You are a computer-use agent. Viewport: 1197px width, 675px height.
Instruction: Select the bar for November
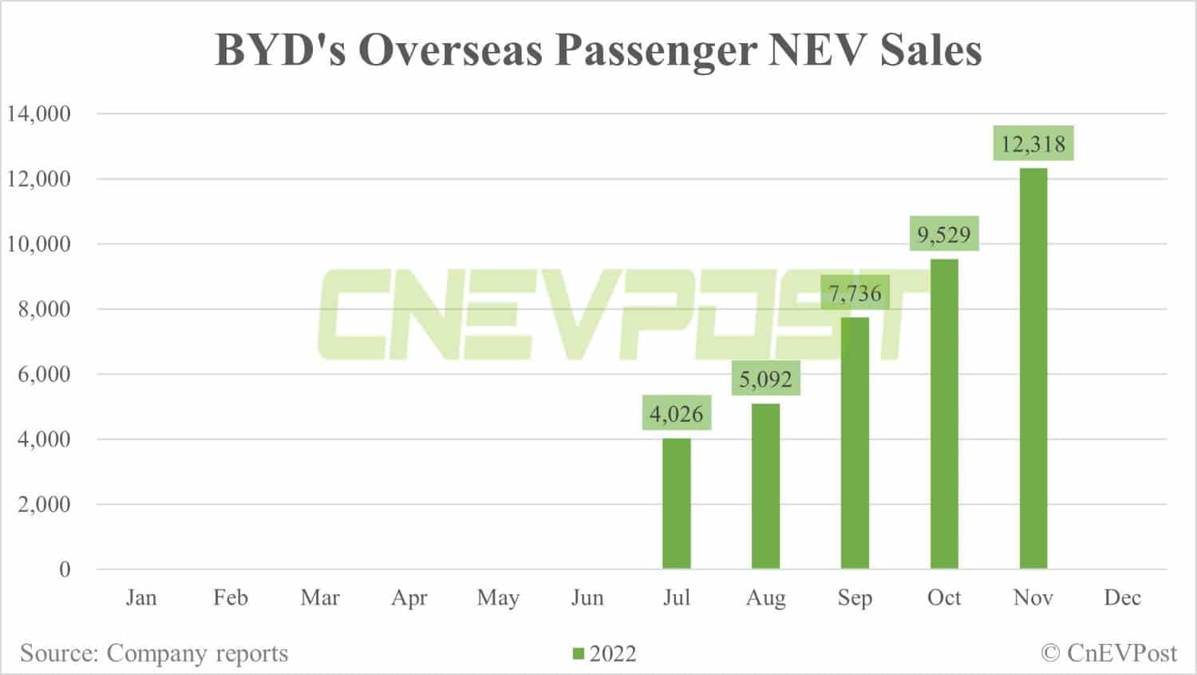click(1033, 368)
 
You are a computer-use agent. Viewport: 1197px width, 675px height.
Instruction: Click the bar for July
click(677, 503)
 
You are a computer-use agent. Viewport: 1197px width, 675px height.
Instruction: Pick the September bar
click(855, 443)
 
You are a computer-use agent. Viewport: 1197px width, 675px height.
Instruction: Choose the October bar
click(944, 414)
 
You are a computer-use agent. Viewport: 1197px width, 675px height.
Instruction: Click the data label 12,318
click(1033, 144)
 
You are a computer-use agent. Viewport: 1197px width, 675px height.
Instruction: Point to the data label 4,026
click(677, 414)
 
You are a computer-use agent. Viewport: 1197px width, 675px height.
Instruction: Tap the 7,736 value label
click(855, 293)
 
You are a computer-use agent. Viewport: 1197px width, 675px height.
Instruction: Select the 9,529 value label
click(944, 234)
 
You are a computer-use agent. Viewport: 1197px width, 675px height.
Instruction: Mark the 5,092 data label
click(765, 378)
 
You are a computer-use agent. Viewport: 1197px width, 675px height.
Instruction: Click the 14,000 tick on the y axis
click(39, 113)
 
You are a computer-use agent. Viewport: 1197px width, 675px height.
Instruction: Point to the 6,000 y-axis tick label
click(45, 374)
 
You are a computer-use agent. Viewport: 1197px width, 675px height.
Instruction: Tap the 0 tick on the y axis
click(65, 570)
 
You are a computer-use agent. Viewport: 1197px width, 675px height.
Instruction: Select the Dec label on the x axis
click(1122, 598)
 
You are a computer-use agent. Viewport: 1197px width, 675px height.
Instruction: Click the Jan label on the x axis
click(141, 598)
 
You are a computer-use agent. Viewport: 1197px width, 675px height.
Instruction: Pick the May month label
click(498, 598)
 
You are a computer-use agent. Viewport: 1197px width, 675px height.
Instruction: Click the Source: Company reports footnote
click(154, 653)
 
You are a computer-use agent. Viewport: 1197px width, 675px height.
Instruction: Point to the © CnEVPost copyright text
click(1108, 653)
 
